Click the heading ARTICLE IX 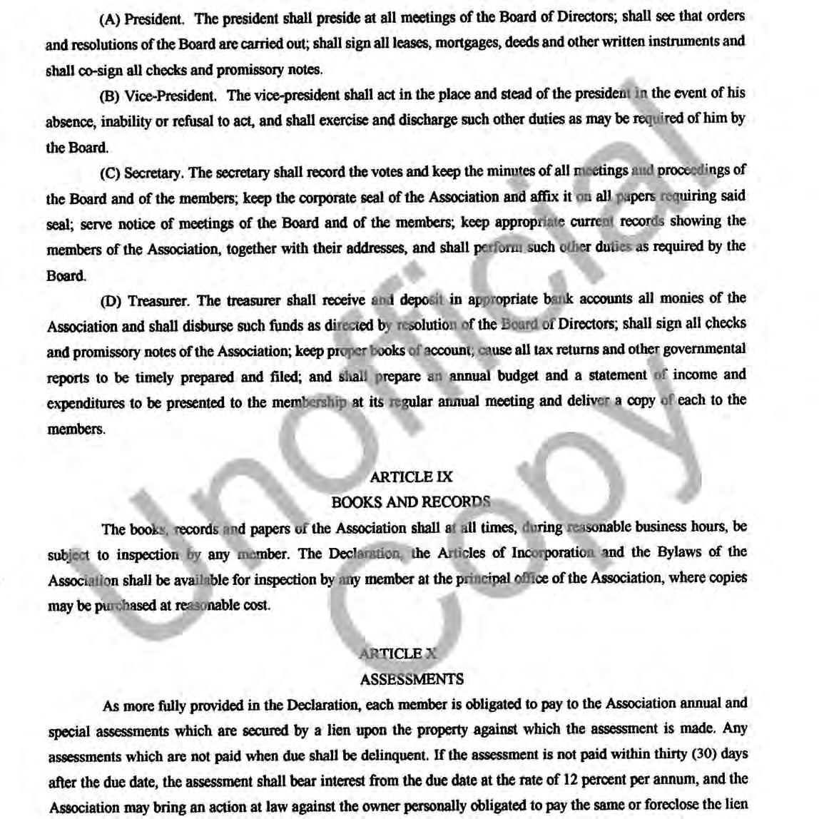[411, 477]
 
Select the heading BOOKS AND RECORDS [410, 502]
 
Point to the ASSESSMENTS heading [412, 679]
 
